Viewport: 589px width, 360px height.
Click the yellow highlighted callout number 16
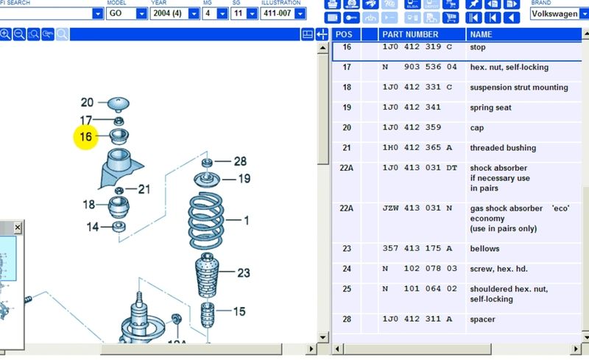[86, 136]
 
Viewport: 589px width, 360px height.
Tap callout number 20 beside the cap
[87, 103]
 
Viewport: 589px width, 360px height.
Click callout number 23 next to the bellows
[244, 273]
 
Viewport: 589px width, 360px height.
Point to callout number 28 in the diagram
[240, 161]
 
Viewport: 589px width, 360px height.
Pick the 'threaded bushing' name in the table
[503, 148]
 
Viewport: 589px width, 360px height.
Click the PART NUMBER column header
[411, 35]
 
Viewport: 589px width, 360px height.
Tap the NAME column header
[481, 35]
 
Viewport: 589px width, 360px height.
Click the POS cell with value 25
[347, 289]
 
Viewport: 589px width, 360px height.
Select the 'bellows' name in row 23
[484, 249]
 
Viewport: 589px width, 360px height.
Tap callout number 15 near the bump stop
[239, 311]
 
